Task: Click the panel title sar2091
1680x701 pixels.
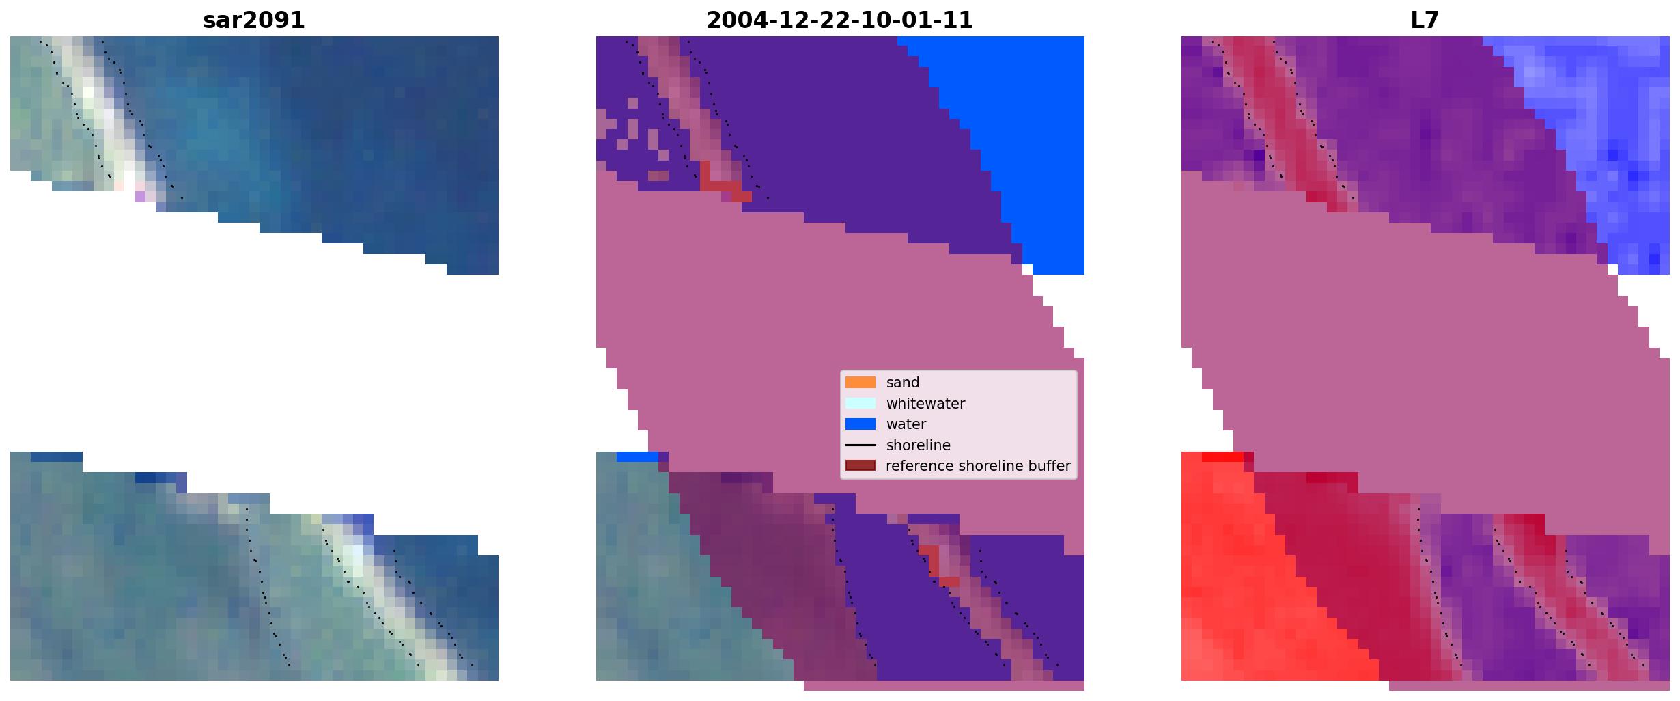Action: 254,20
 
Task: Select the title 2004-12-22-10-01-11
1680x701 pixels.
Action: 839,20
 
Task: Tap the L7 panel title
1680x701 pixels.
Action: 1425,20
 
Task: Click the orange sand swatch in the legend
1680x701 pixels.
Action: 860,383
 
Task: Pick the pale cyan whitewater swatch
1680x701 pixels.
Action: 860,403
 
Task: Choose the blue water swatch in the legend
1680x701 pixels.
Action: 860,424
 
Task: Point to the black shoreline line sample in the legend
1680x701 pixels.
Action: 860,445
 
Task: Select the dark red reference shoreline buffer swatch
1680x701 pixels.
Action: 860,466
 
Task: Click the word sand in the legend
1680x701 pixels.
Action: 903,383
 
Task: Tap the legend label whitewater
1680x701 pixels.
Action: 925,404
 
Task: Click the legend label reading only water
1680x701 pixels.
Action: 906,424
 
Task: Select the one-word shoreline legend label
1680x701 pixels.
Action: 919,445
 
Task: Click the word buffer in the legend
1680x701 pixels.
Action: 1050,466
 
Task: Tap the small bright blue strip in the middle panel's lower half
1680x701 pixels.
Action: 638,456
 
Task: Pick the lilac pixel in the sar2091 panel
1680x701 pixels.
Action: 140,196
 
